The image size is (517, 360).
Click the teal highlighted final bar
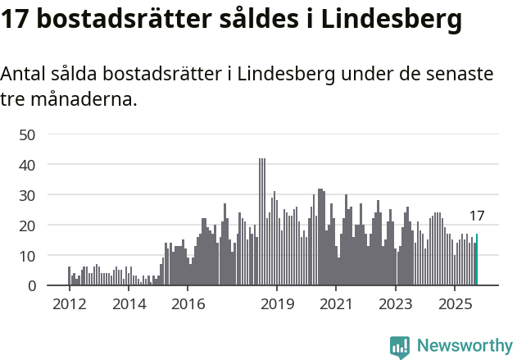click(x=477, y=260)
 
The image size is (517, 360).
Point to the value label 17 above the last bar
click(x=477, y=216)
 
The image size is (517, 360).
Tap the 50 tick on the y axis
click(x=27, y=134)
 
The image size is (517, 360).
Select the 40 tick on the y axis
click(x=27, y=165)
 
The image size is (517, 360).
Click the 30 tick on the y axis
click(x=27, y=195)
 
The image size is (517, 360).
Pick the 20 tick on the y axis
click(x=27, y=226)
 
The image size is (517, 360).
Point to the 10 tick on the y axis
click(x=27, y=256)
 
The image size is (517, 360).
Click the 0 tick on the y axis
click(x=31, y=286)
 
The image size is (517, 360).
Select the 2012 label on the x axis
click(x=69, y=304)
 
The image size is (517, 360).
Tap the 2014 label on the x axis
click(x=129, y=304)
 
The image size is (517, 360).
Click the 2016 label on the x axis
click(x=188, y=304)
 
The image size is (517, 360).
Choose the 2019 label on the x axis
click(x=277, y=304)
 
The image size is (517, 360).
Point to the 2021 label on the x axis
click(x=336, y=304)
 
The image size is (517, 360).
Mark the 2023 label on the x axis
click(x=396, y=304)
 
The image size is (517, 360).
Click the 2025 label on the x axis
click(x=455, y=304)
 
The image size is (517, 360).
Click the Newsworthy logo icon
click(x=400, y=347)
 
